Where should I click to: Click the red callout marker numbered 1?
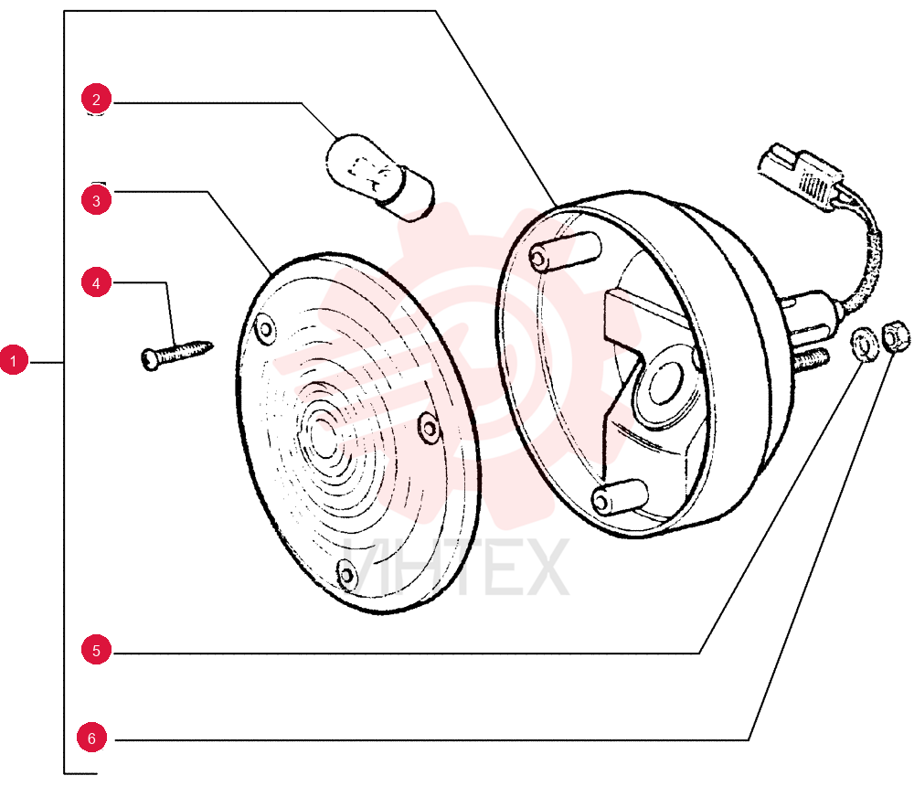[x=14, y=360]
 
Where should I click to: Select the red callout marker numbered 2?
[x=96, y=99]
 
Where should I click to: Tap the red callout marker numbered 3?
[x=96, y=200]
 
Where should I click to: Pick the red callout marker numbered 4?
[x=96, y=282]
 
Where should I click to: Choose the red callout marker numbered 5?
[x=96, y=650]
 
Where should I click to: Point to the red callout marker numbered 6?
[x=91, y=738]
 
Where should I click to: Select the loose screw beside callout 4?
[x=177, y=355]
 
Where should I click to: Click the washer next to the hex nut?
[x=864, y=345]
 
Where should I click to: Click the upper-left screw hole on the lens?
[x=265, y=329]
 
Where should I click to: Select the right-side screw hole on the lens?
[x=429, y=428]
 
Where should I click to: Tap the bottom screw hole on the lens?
[x=346, y=575]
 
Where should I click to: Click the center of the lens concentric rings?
[x=322, y=435]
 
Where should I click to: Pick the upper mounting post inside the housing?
[x=564, y=252]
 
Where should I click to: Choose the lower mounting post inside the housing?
[x=619, y=496]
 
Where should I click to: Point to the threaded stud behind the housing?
[x=810, y=359]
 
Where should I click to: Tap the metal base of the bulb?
[x=407, y=194]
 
